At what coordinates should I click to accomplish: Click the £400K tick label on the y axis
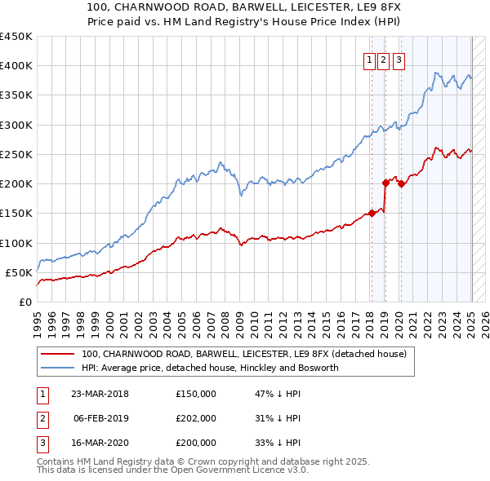16,66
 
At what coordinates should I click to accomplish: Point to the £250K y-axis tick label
16,154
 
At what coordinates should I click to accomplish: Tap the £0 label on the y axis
24,302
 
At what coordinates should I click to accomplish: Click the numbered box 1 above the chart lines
370,59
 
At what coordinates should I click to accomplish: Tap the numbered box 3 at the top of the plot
399,59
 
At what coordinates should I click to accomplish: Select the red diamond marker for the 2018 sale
372,214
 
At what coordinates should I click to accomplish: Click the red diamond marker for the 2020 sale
401,184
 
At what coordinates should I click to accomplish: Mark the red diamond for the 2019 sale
385,183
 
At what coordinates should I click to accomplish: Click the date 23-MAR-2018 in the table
100,394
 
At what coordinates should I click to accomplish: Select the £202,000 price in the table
196,418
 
